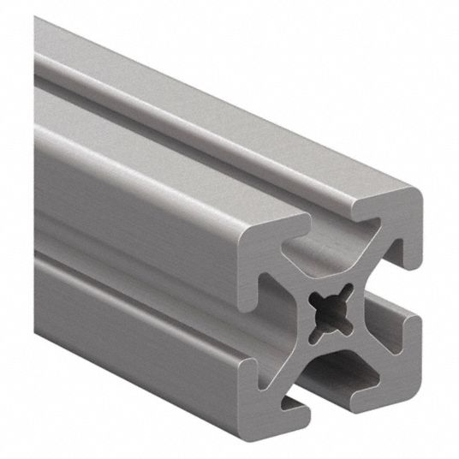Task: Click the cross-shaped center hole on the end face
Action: pos(330,313)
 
